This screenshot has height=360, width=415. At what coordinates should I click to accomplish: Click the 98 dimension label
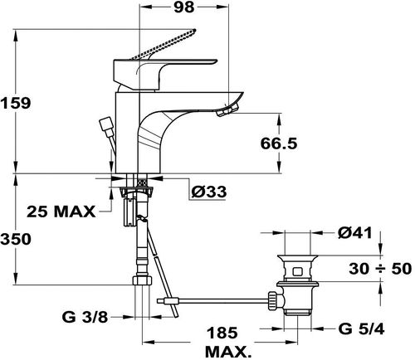click(x=184, y=7)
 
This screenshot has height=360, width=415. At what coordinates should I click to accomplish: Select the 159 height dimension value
click(x=16, y=104)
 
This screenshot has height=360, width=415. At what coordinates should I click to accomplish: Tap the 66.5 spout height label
click(x=279, y=144)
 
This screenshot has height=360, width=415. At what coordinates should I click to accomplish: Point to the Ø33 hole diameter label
click(x=209, y=192)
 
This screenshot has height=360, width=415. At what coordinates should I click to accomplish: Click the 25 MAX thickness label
click(x=61, y=212)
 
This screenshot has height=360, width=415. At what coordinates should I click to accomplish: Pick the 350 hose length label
click(x=16, y=239)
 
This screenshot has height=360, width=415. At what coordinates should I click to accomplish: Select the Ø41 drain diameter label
click(x=355, y=234)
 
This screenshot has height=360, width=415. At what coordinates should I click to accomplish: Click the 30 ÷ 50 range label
click(x=380, y=269)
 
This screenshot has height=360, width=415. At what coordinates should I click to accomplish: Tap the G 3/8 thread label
click(x=85, y=318)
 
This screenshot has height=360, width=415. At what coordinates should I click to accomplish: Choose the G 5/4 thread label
click(x=361, y=329)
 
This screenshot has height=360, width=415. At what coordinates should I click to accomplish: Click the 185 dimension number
click(x=222, y=333)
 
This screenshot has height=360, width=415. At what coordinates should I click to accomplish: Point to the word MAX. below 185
click(x=227, y=352)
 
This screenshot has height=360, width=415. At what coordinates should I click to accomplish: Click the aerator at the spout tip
click(x=228, y=110)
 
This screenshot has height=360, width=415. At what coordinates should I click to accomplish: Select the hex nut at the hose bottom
click(x=142, y=280)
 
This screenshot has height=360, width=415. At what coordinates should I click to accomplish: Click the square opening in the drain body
click(x=297, y=271)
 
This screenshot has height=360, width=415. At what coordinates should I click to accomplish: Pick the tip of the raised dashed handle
click(x=194, y=31)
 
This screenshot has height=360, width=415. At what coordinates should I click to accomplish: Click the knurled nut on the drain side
click(x=272, y=300)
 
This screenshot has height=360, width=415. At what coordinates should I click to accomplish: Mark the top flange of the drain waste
click(x=298, y=256)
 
